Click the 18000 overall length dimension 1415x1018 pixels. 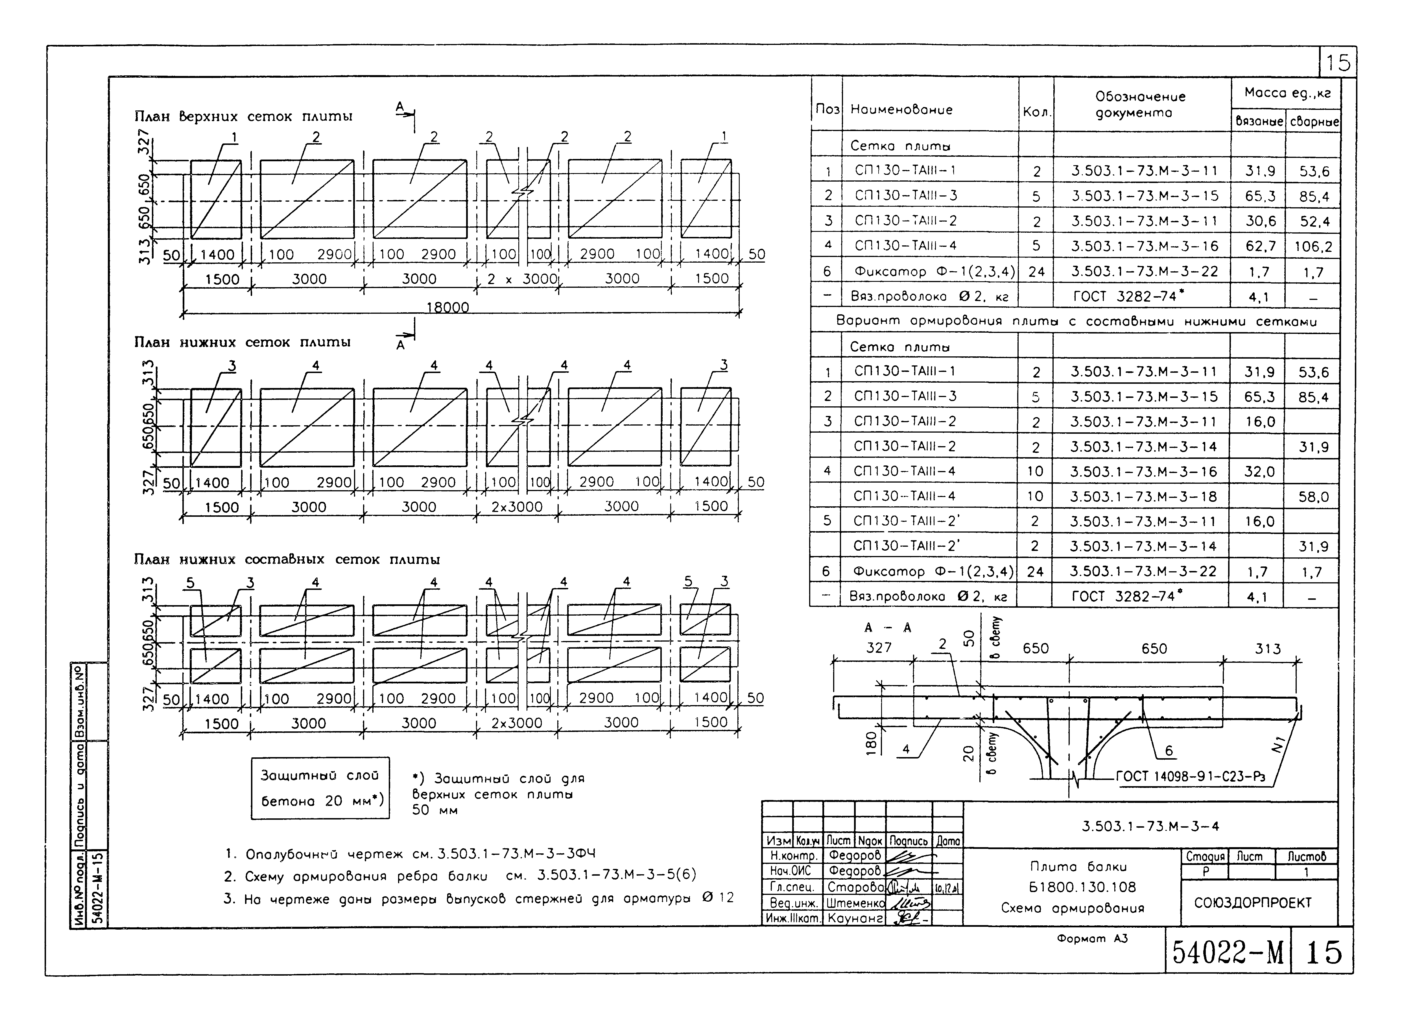point(447,307)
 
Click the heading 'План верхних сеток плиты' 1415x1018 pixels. point(243,117)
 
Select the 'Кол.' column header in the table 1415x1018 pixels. point(1036,112)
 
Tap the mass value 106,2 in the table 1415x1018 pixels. point(1313,247)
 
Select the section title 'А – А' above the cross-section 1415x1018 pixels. point(888,628)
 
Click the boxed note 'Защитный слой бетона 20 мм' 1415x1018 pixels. point(320,788)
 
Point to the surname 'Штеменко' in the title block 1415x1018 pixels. point(855,903)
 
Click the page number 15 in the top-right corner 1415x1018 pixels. point(1338,62)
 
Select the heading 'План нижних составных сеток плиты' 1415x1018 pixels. point(287,559)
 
